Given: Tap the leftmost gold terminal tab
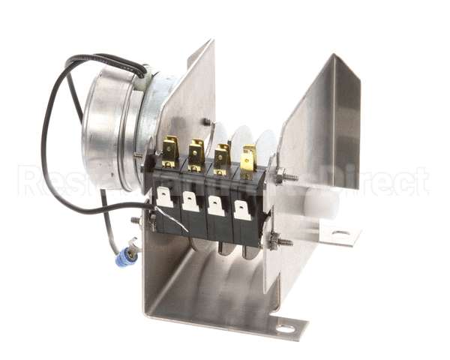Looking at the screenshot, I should (x=170, y=150).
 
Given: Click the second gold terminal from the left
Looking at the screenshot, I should (x=196, y=154).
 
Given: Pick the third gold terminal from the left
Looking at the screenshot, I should (x=222, y=157).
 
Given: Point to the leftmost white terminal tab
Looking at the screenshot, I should (x=164, y=197).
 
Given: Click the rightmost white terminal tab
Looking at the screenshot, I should (x=241, y=210).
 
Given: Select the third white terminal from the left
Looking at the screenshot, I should (x=216, y=205).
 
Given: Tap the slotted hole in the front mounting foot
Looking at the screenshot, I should (x=285, y=328).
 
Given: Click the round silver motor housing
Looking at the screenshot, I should (x=112, y=127).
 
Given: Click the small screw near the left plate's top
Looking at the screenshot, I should (x=205, y=121).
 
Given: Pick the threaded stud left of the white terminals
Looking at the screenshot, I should (x=137, y=220).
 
